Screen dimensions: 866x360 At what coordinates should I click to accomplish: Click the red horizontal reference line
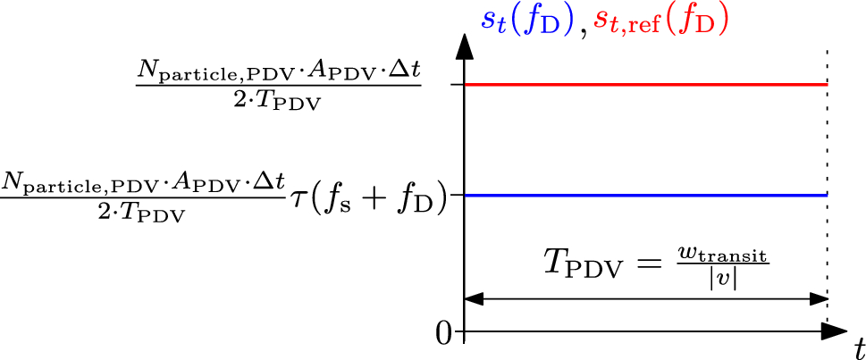pos(643,85)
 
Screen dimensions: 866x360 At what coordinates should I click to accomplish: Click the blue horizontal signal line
pos(643,195)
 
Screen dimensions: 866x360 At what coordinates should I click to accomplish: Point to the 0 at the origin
pos(444,334)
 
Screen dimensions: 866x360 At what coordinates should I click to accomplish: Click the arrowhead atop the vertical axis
pos(463,45)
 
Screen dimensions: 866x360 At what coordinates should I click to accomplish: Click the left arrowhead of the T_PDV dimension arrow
pos(474,299)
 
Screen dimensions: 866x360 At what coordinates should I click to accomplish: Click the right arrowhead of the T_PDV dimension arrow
pos(817,299)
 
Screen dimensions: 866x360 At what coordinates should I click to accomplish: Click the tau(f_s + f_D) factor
pos(367,195)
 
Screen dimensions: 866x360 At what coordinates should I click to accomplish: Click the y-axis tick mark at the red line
pos(458,85)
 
